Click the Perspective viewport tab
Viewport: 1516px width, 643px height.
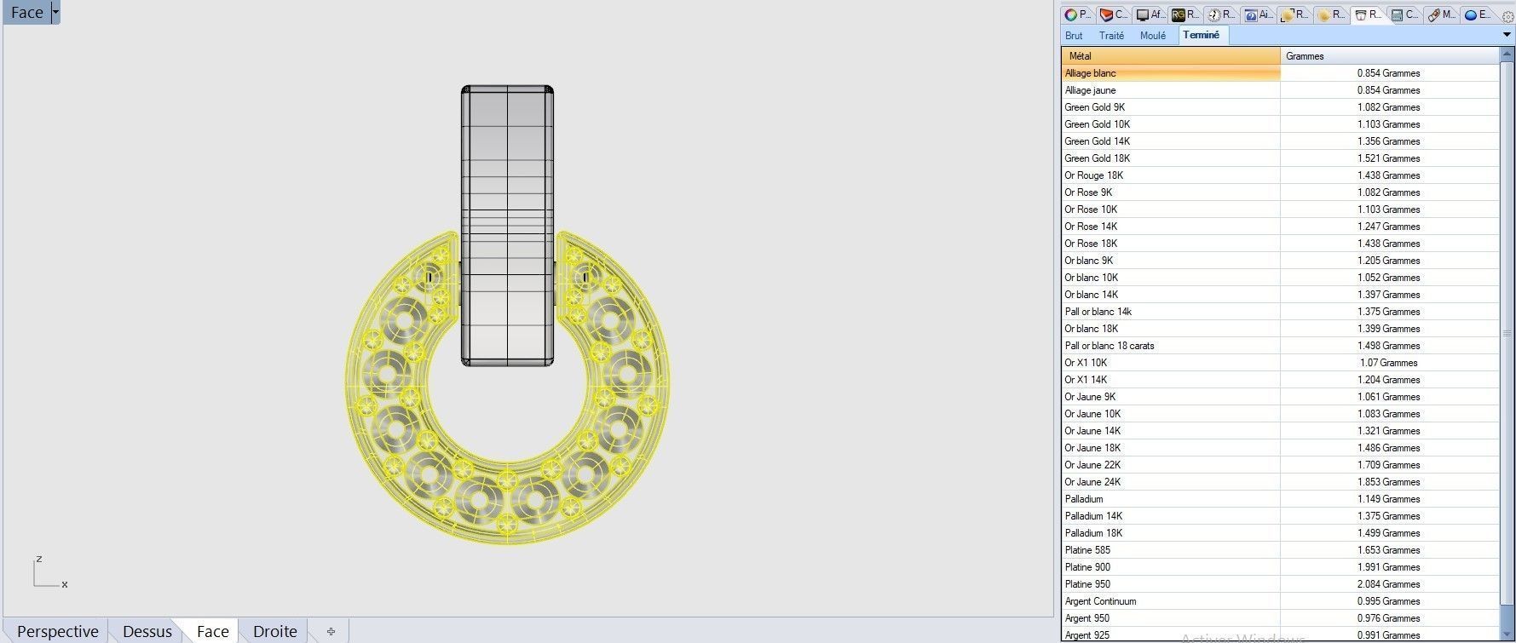click(57, 631)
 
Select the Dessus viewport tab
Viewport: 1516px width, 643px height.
click(147, 631)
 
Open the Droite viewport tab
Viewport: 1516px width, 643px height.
click(274, 631)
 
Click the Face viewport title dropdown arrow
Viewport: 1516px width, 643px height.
click(55, 12)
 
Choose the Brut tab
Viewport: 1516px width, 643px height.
click(1074, 36)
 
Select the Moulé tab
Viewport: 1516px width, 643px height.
click(1152, 36)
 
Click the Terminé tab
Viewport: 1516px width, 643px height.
click(1201, 35)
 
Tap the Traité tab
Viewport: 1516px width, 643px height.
click(1111, 36)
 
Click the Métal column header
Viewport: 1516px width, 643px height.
click(1169, 56)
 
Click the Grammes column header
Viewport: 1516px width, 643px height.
click(1389, 56)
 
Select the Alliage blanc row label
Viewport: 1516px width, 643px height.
click(1090, 73)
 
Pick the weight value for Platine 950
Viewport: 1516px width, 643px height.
click(1388, 584)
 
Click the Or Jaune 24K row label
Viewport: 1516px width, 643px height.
click(1092, 482)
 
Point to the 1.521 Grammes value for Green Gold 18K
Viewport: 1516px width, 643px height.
click(1388, 158)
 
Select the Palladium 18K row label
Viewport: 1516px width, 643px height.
click(1093, 533)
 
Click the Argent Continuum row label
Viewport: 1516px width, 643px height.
click(1100, 601)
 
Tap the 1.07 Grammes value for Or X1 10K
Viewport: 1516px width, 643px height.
click(1388, 363)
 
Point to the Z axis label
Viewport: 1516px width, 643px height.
click(38, 560)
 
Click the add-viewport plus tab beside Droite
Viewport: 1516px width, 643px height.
click(331, 631)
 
